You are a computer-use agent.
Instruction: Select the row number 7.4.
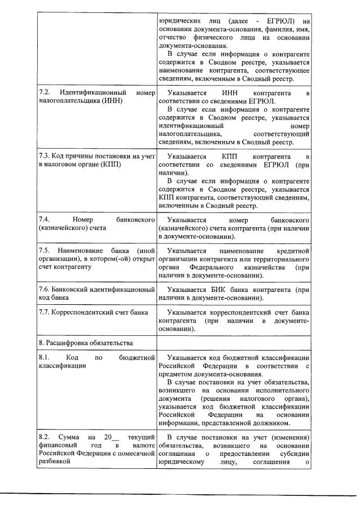coord(44,219)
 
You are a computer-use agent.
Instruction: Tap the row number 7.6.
coord(45,289)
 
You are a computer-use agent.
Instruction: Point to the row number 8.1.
coord(44,358)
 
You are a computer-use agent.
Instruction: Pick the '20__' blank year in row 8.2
coord(109,437)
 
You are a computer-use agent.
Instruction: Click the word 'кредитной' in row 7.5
coord(293,250)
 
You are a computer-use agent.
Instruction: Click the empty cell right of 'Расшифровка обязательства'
coord(234,342)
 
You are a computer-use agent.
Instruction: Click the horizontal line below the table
coord(180,495)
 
